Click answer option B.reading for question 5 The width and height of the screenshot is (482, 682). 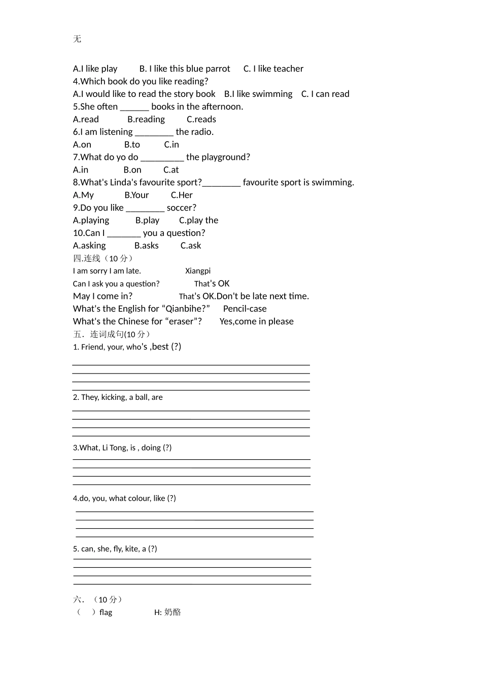coord(146,119)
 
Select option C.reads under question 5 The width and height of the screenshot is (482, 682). coord(201,119)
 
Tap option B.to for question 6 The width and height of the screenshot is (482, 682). coord(132,145)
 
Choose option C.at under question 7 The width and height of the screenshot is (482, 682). coord(171,170)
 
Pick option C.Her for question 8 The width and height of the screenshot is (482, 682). coord(182,195)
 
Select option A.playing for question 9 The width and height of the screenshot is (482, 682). coord(91,220)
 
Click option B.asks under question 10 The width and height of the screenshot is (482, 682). coord(146,246)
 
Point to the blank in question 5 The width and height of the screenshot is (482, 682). coord(134,107)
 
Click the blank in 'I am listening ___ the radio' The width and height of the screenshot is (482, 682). coord(154,132)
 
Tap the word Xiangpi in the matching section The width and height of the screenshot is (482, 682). coord(198,271)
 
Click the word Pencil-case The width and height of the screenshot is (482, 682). coord(245,309)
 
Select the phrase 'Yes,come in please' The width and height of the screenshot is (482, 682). coord(256,321)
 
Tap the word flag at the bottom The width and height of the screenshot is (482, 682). coord(106,612)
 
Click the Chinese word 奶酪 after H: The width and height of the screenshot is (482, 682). coord(173,612)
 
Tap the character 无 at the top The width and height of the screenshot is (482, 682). coord(77,39)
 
